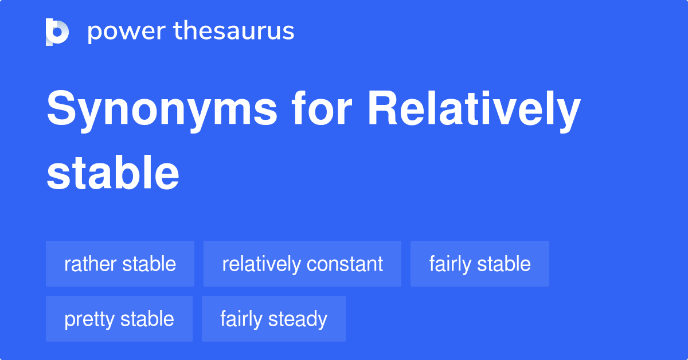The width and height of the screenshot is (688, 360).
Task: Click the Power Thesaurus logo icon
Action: pyautogui.click(x=57, y=32)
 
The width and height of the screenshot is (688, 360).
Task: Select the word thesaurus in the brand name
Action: pyautogui.click(x=234, y=32)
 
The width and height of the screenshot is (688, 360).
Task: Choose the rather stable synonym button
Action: pyautogui.click(x=120, y=264)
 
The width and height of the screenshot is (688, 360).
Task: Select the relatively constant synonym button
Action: pyautogui.click(x=302, y=264)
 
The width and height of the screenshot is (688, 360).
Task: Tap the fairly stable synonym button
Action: pyautogui.click(x=479, y=264)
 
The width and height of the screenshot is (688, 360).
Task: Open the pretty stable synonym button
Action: pyautogui.click(x=119, y=319)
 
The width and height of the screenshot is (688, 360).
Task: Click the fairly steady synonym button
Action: pyautogui.click(x=273, y=319)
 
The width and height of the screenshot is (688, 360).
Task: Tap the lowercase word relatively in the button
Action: pyautogui.click(x=261, y=264)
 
